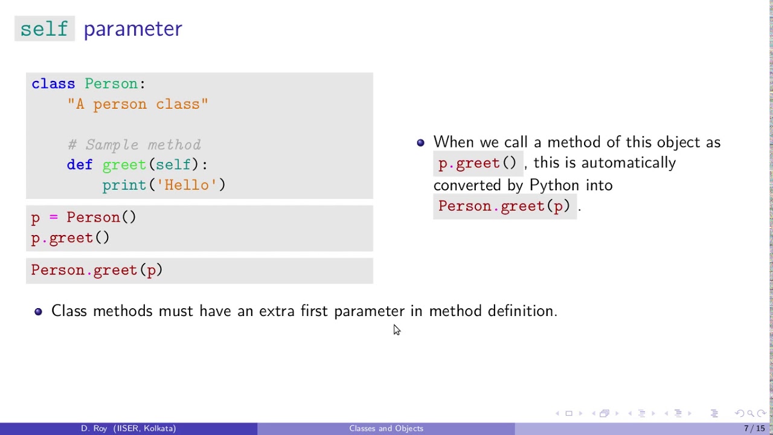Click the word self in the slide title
[44, 29]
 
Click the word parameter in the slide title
[133, 29]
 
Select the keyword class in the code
[53, 84]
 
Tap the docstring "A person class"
[138, 105]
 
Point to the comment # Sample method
[134, 145]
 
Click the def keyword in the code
[79, 165]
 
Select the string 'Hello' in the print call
[187, 185]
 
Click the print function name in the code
[124, 185]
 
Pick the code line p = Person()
[84, 217]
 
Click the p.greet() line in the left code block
[71, 238]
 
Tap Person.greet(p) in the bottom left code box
[97, 270]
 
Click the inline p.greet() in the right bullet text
[477, 163]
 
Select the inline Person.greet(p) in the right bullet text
[504, 207]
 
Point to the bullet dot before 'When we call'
[421, 143]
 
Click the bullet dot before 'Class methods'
[39, 312]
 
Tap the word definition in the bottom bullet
[522, 311]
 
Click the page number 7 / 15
[754, 428]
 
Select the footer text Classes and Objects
[386, 428]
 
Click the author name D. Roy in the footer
[94, 428]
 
